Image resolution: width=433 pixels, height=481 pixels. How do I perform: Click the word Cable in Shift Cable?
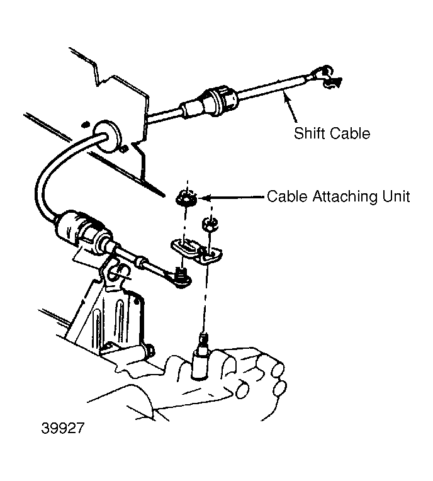point(349,133)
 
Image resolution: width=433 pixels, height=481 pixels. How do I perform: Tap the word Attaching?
point(346,196)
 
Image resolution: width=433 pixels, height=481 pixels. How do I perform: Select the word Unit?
point(396,196)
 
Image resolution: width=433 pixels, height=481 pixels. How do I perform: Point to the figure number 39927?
point(62,428)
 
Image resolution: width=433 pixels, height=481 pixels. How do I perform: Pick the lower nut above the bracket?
point(210,224)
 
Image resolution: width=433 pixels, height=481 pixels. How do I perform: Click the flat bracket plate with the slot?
point(196,251)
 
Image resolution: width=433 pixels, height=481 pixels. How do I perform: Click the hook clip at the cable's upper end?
point(328,77)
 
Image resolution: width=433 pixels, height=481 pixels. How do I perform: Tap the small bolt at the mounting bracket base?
point(150,349)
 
